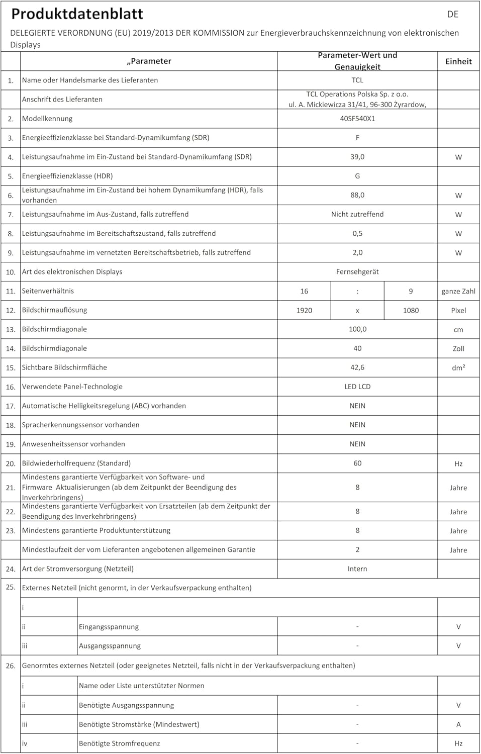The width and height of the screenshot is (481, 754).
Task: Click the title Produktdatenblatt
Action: coord(77,14)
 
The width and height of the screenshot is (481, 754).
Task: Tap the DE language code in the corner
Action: coord(452,14)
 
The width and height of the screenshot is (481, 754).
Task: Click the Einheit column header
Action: coord(458,61)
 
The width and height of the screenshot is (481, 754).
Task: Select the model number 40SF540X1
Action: coord(357,119)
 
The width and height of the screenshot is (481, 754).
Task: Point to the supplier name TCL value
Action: coord(357,80)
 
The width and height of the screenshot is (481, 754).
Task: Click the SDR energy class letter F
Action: coord(357,138)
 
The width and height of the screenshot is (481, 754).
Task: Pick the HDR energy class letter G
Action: coord(357,176)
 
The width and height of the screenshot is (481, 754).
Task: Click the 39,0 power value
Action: coord(357,157)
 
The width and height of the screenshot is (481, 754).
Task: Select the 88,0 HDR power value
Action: coord(357,195)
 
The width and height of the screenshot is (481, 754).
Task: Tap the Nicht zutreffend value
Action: coord(357,214)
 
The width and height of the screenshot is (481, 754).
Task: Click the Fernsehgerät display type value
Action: coord(357,271)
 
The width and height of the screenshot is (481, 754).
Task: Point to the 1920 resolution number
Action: coord(304,310)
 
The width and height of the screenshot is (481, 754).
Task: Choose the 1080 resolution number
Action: coord(411,310)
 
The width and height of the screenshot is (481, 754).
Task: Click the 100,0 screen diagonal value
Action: coord(357,329)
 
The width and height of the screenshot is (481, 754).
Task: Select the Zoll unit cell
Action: coord(458,348)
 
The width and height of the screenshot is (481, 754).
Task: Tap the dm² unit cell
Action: coord(458,367)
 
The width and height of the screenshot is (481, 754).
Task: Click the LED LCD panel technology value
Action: coord(357,387)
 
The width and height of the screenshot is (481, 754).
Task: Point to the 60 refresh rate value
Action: coord(357,463)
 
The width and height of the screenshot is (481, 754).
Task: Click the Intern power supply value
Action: coord(357,569)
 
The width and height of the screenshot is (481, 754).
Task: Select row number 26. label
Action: coord(11,666)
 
